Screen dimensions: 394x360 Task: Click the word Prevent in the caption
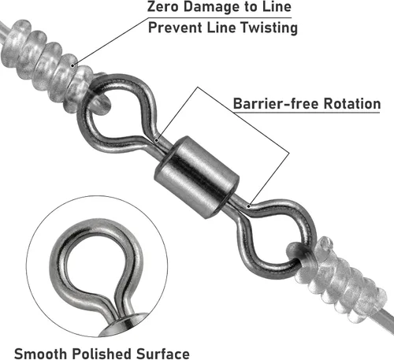coord(175,28)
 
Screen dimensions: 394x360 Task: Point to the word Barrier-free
coord(276,103)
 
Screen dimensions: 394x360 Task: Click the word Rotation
coord(352,103)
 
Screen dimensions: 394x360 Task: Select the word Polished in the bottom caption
coord(102,354)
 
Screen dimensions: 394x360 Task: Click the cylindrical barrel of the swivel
coord(196,177)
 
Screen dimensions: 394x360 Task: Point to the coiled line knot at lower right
coord(339,278)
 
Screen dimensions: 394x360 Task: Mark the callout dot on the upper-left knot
coord(73,65)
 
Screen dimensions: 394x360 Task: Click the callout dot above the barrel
coord(157,140)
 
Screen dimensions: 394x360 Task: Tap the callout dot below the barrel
coord(248,206)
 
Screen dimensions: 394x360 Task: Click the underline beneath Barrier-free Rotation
coord(307,113)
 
